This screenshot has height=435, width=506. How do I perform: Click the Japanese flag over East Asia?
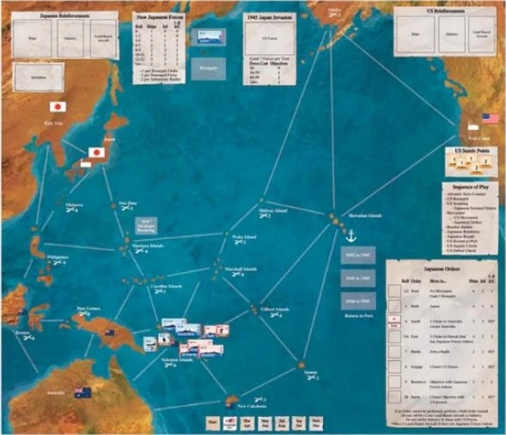(58, 107)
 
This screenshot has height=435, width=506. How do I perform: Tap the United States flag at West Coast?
(491, 119)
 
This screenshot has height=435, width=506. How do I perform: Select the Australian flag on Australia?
(82, 393)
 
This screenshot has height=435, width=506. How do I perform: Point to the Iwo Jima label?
(127, 204)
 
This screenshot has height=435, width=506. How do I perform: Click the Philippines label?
(58, 256)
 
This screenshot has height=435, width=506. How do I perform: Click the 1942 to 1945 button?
(356, 255)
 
